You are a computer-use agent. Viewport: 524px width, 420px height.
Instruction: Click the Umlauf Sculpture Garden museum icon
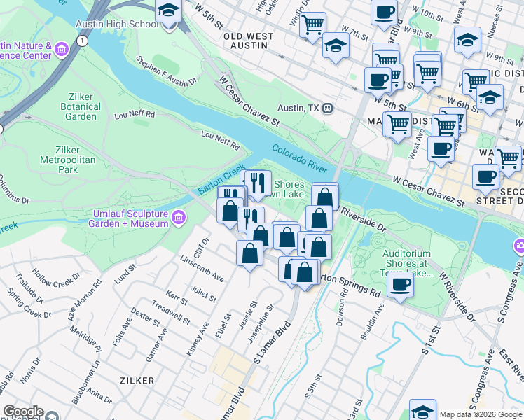coord(179,218)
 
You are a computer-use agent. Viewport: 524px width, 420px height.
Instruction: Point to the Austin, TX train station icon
coord(328,108)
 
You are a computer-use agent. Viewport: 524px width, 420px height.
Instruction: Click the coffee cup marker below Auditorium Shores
coord(400,285)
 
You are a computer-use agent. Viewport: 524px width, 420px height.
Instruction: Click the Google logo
coord(23,412)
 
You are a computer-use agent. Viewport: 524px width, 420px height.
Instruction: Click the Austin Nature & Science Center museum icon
coord(61,50)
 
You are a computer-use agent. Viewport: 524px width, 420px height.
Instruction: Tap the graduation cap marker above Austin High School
coord(168,11)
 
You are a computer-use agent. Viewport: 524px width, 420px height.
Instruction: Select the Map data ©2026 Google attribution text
coord(481,414)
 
